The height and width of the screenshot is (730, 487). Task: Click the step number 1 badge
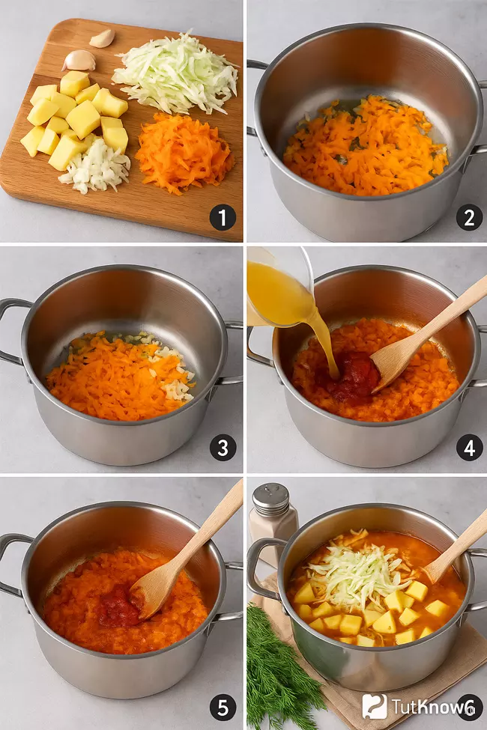click(223, 217)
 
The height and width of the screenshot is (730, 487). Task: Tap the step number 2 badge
click(469, 217)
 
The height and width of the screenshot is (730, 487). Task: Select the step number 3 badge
click(223, 448)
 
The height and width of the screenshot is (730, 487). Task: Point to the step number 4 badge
click(469, 448)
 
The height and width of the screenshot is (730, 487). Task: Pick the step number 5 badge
click(223, 708)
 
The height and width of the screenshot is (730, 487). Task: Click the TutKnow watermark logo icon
click(374, 706)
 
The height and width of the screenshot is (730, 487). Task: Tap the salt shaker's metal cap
click(270, 499)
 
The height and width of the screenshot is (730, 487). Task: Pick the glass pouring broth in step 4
click(279, 286)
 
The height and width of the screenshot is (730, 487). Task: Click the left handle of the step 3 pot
click(12, 330)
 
